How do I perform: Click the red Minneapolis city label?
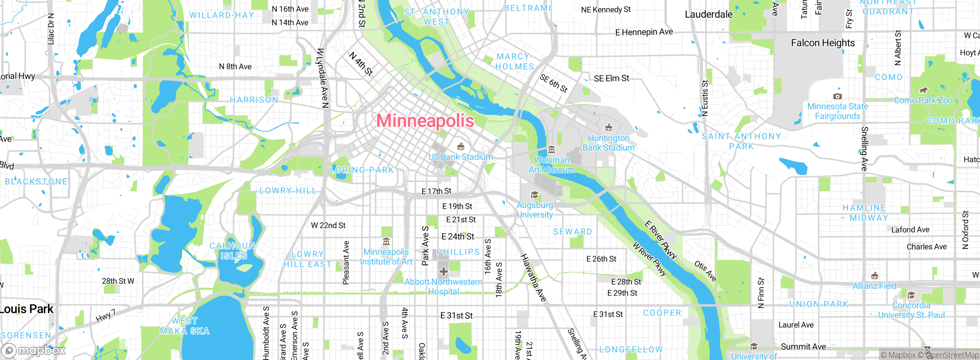coord(425,121)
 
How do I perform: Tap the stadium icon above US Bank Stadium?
coord(461,146)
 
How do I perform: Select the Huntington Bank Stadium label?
coord(608,143)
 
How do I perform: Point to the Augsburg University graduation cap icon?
coord(534,195)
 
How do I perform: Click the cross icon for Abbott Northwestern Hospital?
coord(443,272)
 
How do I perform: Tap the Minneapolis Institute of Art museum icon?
coord(386,242)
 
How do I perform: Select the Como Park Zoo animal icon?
coord(923,90)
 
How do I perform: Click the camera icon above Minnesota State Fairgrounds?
coord(837,96)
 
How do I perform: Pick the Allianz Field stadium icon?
coord(874,276)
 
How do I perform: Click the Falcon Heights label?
coord(823,43)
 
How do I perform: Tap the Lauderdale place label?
coord(709,15)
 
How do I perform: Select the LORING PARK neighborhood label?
coord(362,170)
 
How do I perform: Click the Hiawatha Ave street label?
coord(533,278)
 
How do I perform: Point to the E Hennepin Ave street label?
coord(644,32)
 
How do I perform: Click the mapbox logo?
coord(34,350)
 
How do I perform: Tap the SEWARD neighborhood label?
coord(572,232)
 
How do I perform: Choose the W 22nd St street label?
coord(328,226)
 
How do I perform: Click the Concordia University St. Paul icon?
coord(911,295)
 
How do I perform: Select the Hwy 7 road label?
coord(105,316)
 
